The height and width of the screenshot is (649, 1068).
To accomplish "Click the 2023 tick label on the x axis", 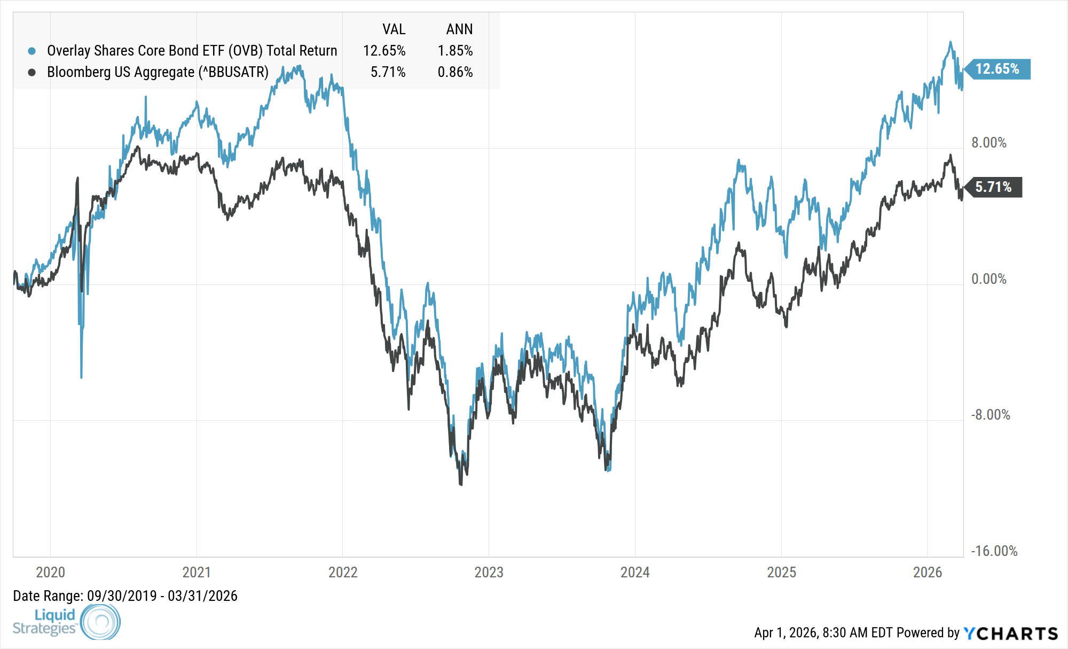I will (x=489, y=572).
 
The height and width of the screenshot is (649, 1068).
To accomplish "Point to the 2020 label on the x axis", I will (x=50, y=572).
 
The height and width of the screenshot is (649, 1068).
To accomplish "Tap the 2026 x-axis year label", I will (x=928, y=572).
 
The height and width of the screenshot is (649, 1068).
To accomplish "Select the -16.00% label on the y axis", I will (x=994, y=551).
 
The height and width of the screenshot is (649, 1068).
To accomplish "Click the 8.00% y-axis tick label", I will (x=988, y=143).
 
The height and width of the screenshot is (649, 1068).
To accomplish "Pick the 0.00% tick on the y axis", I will (x=988, y=279).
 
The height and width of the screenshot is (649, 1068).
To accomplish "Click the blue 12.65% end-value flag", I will (x=997, y=69).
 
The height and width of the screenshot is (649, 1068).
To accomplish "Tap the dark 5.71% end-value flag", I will (x=993, y=187).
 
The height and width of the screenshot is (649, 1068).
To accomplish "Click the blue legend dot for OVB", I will (x=32, y=51).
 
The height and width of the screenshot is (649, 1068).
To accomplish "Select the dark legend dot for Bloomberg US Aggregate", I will (x=32, y=72).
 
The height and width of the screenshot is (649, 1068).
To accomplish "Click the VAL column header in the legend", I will (x=394, y=29).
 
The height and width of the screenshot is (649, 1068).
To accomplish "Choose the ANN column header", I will (x=459, y=29).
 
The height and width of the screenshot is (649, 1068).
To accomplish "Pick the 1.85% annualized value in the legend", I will (x=455, y=51).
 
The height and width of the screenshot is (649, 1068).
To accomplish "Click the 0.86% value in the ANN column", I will (x=455, y=72).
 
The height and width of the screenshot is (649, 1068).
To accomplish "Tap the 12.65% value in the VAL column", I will (x=384, y=51).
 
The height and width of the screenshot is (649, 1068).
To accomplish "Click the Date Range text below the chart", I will (x=125, y=596).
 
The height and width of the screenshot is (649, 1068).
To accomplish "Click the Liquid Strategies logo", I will (x=66, y=622).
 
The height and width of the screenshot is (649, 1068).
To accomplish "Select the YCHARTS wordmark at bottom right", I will (x=1011, y=633).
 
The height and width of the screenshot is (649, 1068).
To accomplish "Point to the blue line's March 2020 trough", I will (x=81, y=377).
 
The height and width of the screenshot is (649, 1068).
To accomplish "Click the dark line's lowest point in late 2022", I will (x=461, y=484).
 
